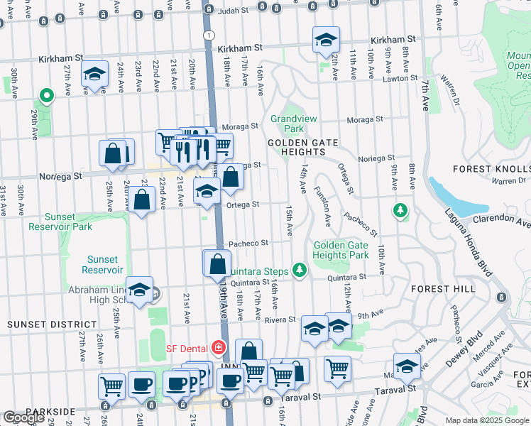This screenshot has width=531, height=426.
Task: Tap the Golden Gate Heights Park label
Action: click(341, 250)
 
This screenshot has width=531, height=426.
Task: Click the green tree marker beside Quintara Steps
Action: click(300, 270)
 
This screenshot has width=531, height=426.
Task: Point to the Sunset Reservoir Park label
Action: click(60, 222)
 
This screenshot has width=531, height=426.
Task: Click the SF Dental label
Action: click(187, 348)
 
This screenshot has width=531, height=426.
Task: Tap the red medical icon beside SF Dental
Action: click(218, 348)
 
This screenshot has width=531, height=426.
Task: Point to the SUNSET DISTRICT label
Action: click(35, 324)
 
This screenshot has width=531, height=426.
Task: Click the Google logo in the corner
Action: click(23, 417)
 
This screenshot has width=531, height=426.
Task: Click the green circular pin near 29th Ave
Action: click(46, 94)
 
